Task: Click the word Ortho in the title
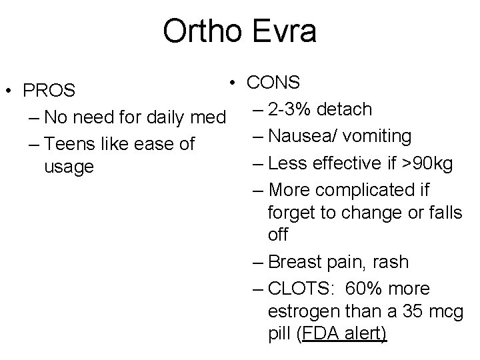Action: point(201,31)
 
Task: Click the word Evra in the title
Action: point(283,31)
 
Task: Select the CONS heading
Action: point(273,82)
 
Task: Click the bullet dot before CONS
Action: point(229,82)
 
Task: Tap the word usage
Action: point(69,167)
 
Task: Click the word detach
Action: point(349,109)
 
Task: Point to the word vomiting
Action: point(378,136)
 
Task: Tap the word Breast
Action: point(296,262)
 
